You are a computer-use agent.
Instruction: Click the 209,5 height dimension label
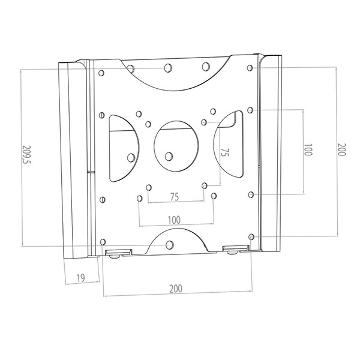(x=26, y=155)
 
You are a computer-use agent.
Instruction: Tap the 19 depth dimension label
(x=80, y=278)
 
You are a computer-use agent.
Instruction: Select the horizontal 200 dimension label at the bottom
(x=176, y=289)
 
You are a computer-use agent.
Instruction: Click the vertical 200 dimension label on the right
(x=341, y=149)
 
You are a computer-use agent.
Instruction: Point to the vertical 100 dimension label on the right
(x=308, y=149)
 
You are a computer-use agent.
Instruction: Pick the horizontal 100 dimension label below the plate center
(x=174, y=220)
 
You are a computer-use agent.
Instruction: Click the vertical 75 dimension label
(x=225, y=152)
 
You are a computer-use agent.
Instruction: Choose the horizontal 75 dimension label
(x=175, y=197)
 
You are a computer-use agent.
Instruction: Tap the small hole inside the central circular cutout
(x=169, y=157)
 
